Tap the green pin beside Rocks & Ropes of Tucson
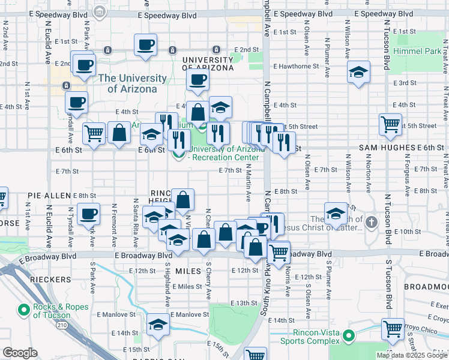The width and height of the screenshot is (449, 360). pyautogui.click(x=24, y=310)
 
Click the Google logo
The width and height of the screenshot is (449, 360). pyautogui.click(x=20, y=353)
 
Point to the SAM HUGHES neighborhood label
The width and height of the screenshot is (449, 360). pyautogui.click(x=393, y=148)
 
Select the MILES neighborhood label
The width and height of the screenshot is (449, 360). pyautogui.click(x=189, y=272)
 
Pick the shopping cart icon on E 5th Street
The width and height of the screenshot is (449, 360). pyautogui.click(x=390, y=124)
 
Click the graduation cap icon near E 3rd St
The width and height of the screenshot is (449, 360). pyautogui.click(x=358, y=73)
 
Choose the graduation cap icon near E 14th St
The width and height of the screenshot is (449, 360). pyautogui.click(x=158, y=325)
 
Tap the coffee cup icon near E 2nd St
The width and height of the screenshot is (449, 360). pyautogui.click(x=146, y=44)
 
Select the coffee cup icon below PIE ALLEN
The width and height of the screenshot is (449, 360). pyautogui.click(x=89, y=213)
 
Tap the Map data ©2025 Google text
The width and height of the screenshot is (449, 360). pyautogui.click(x=411, y=355)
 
